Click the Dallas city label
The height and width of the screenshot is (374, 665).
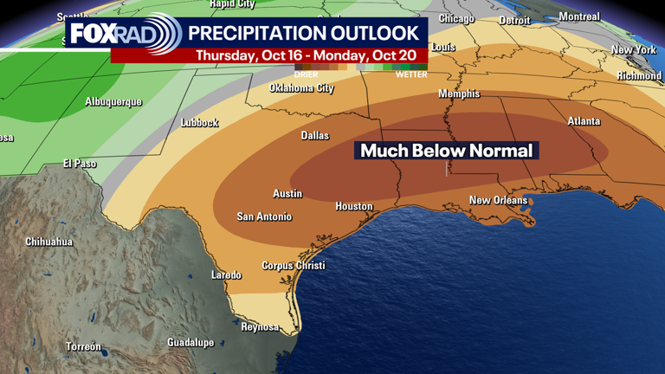(x=315, y=136)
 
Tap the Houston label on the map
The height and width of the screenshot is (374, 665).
(x=354, y=206)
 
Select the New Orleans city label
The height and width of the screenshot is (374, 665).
(x=498, y=201)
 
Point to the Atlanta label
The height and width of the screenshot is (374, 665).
(x=584, y=121)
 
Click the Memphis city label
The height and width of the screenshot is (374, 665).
(x=459, y=93)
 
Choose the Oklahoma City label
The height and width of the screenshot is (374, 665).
(x=301, y=88)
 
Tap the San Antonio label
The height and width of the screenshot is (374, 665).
(x=264, y=216)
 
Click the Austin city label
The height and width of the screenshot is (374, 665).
(x=287, y=194)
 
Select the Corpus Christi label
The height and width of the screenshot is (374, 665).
(x=294, y=266)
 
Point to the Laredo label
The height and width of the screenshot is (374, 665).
(x=227, y=275)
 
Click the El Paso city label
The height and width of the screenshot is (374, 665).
(x=80, y=164)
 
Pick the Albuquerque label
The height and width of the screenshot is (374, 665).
(x=113, y=102)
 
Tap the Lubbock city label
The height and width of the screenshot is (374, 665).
(x=199, y=123)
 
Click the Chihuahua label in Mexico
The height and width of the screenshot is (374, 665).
(x=48, y=242)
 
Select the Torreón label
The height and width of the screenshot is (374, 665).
(x=84, y=347)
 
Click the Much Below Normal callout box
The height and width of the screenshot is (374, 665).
(x=446, y=151)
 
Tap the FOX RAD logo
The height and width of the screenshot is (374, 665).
(x=124, y=35)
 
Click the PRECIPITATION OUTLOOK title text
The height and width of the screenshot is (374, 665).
(x=303, y=34)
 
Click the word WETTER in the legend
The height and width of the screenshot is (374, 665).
(x=411, y=74)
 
